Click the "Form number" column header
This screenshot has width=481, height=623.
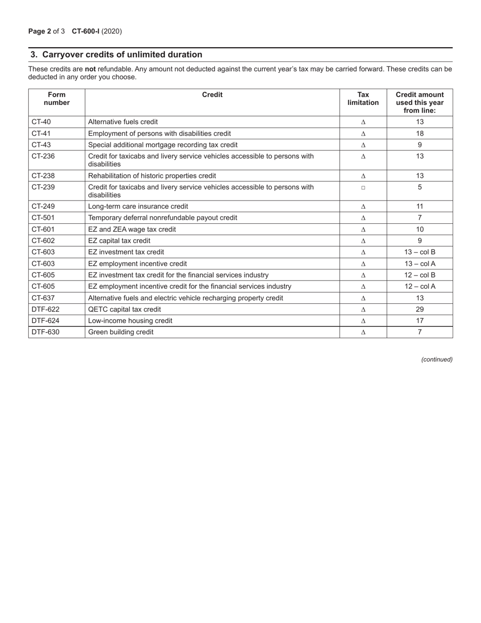57,98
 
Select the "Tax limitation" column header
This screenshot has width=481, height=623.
363,98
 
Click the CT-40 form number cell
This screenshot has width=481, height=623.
42,122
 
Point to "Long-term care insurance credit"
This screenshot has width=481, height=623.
138,207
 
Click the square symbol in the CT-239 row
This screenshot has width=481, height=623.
363,187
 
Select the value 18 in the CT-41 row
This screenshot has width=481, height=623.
420,134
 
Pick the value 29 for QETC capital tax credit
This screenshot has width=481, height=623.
420,309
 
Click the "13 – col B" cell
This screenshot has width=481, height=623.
420,252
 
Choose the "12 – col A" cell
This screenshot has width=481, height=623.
420,287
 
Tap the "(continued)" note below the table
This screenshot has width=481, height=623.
437,360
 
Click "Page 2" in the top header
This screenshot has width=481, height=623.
39,31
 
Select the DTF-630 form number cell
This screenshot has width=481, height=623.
46,332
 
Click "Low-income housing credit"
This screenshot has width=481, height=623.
130,321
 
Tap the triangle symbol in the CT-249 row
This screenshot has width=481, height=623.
363,207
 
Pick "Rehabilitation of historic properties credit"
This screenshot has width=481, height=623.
152,176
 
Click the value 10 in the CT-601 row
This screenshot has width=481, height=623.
420,229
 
